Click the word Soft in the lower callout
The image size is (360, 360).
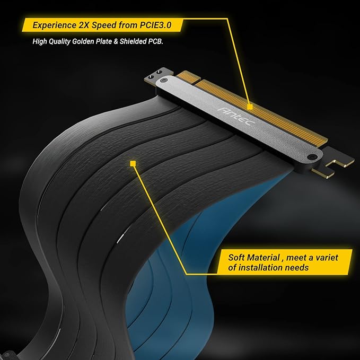[x=237, y=258]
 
